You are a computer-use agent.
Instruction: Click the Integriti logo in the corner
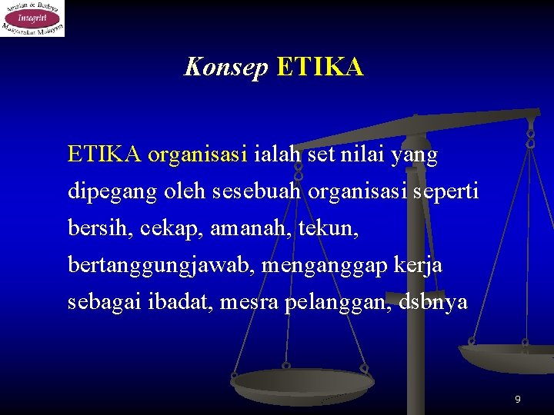(32, 18)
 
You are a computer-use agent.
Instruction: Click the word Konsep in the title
(225, 68)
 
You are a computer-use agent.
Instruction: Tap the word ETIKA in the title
(319, 68)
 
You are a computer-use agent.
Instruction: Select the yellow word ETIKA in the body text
(104, 155)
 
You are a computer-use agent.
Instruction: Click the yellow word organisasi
(197, 155)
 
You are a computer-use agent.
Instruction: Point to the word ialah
(277, 155)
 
